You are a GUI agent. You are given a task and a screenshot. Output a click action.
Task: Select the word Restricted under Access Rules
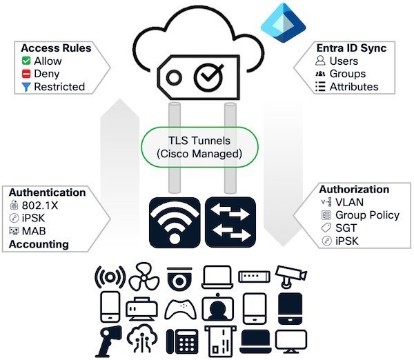(x=59, y=87)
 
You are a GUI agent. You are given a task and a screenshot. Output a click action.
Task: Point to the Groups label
(x=348, y=74)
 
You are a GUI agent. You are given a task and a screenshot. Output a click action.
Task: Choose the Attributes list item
(x=354, y=87)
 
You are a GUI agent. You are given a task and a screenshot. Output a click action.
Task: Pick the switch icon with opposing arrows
(x=230, y=222)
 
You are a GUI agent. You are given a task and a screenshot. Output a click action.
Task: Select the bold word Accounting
(x=40, y=243)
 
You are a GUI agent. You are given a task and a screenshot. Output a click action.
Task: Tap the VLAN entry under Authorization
(x=349, y=202)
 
